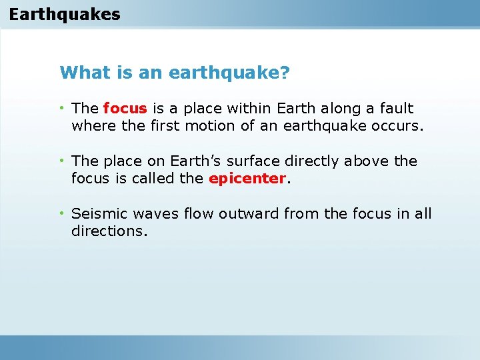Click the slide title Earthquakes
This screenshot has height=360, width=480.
tap(65, 14)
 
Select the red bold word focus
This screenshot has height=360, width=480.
tap(126, 108)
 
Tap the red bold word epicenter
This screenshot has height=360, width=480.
tap(247, 179)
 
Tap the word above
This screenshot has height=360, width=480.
tap(368, 161)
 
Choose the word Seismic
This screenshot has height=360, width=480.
tap(99, 214)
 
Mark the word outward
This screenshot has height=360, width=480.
tap(245, 214)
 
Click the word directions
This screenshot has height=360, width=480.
tap(109, 231)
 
